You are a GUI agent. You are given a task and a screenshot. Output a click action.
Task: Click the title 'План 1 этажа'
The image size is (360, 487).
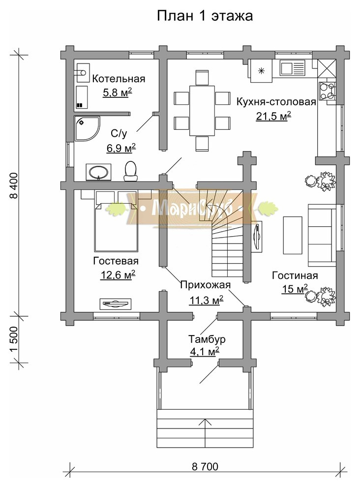pos(205,16)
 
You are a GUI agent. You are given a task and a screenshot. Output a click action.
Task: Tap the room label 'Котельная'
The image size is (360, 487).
pos(119,79)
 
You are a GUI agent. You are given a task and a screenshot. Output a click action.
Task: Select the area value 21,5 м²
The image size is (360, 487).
pos(273,116)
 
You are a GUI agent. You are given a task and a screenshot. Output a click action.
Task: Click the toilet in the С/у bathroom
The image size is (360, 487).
pos(131,171)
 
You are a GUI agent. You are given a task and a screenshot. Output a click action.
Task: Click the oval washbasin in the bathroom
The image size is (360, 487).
pos(98,172)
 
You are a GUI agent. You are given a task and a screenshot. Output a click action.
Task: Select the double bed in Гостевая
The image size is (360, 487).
pos(116,227)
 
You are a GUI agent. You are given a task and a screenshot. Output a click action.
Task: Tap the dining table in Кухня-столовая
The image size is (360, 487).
pos(202,111)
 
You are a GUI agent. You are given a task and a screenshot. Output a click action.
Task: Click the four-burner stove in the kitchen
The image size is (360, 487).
pos(327,91)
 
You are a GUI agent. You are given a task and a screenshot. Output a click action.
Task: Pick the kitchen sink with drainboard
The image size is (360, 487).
pos(292,68)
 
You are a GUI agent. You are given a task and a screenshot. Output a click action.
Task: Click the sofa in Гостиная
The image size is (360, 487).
pos(322,235)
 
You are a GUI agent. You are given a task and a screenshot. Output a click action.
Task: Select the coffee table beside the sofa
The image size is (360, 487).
pos(293,235)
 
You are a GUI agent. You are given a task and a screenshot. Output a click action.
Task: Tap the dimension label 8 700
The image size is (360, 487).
pos(205,466)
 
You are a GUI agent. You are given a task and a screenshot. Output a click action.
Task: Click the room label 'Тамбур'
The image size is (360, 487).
pos(207,339)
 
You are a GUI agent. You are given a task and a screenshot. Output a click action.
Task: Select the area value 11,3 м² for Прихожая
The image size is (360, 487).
pos(207,300)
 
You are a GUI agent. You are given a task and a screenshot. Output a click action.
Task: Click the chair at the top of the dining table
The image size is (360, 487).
pos(202,78)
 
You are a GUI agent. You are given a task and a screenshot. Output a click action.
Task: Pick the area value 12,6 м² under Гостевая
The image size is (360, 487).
pos(118,275)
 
